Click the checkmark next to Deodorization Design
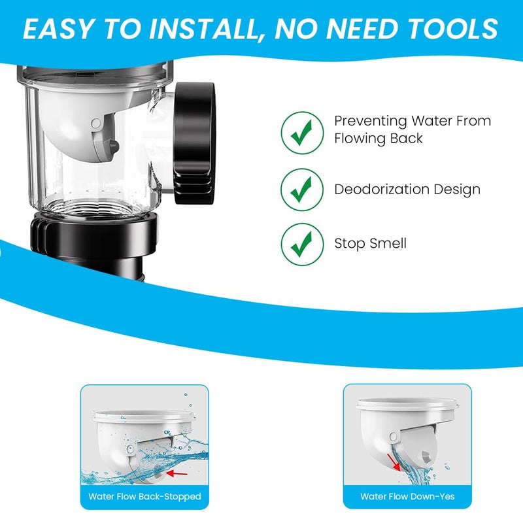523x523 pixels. (x=301, y=190)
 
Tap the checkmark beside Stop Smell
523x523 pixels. (x=301, y=244)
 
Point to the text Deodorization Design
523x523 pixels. (x=407, y=190)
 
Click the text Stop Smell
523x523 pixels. (x=370, y=244)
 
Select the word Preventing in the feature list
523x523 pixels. (x=369, y=122)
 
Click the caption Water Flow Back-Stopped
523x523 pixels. (x=145, y=497)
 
